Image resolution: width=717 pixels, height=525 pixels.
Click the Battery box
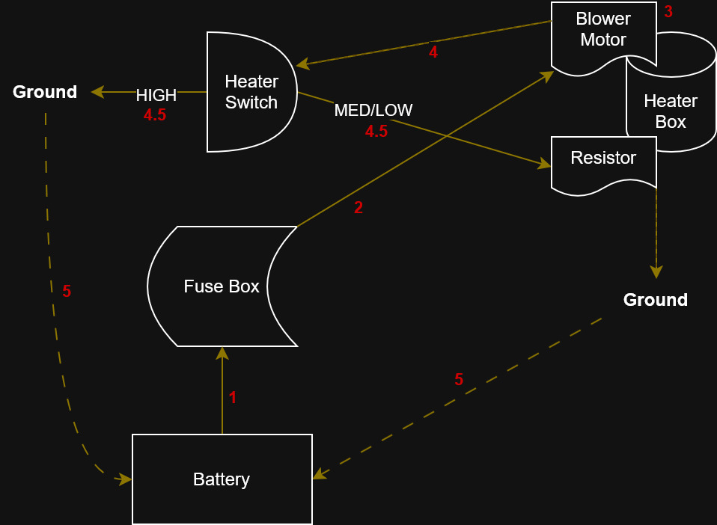coord(222,479)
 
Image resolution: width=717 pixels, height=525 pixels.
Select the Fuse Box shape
coord(222,286)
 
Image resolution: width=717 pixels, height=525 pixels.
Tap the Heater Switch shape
coord(251,92)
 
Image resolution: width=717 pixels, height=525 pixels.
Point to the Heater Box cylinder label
coord(671,111)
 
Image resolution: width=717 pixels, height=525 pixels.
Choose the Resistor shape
coord(603,159)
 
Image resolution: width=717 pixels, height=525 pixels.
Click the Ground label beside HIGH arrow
coord(45,92)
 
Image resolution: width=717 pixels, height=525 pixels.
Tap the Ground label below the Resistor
coord(656,300)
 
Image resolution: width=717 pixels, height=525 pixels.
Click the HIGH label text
coord(156,96)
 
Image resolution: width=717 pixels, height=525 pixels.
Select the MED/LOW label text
coord(373,111)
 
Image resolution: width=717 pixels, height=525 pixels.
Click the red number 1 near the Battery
coord(233,398)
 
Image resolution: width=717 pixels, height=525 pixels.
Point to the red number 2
coord(358,208)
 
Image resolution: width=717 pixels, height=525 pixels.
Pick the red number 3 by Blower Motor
coord(668,12)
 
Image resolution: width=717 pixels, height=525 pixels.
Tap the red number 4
coord(433,52)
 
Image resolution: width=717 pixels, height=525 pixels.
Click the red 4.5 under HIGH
coord(155,115)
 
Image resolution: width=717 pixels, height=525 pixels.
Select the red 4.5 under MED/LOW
coord(376,132)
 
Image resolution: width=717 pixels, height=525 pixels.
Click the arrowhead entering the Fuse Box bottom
coord(222,351)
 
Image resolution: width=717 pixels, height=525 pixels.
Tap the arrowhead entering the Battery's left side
coord(126,479)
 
